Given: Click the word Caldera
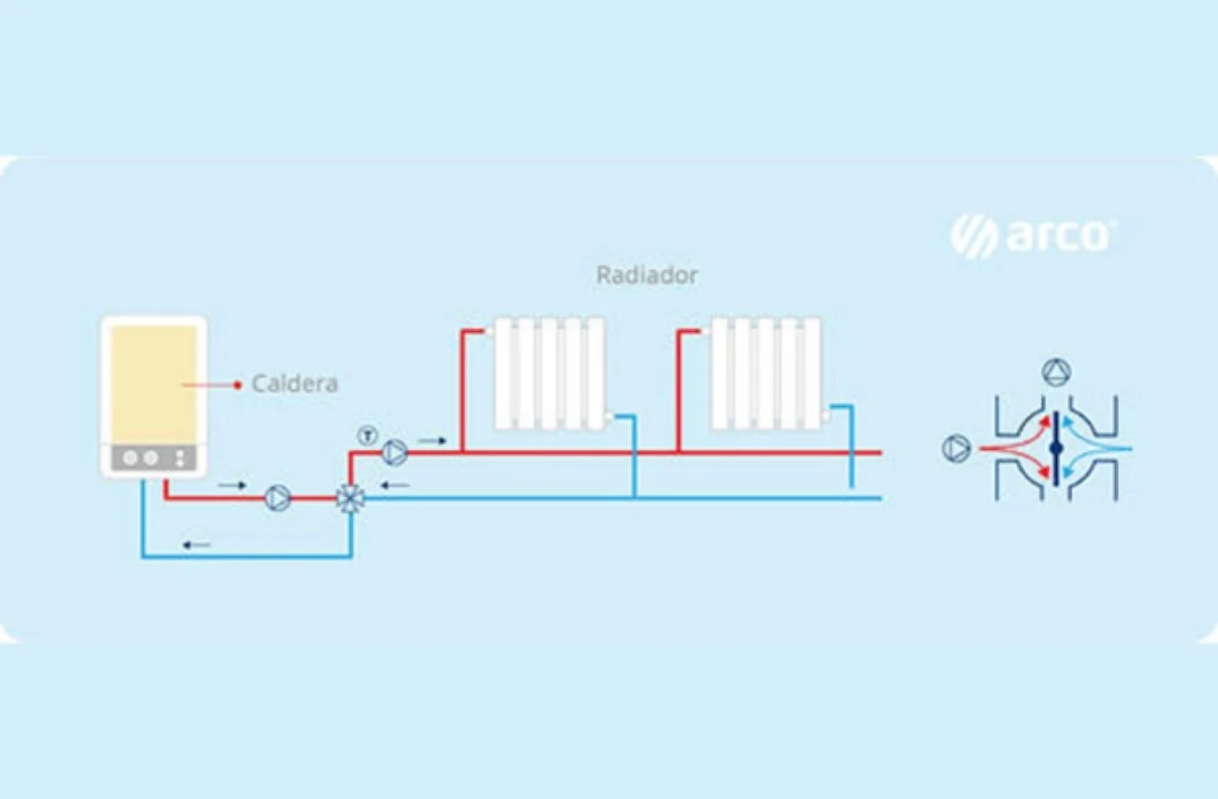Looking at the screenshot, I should pos(294,384).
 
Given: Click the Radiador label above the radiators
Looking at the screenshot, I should pos(647,276).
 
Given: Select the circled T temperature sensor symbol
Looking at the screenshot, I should pos(367,437).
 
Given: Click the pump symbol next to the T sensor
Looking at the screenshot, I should pos(395,453).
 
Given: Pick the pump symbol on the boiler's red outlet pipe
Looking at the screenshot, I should pos(278,498).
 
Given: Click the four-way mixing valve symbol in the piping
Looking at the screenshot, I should pos(350,498).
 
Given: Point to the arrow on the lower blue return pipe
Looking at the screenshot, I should pos(197,545).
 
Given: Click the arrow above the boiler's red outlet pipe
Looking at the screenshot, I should pos(231,486).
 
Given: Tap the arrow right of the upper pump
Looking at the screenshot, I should pos(431,440).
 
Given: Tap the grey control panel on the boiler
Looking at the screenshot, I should pos(153,458).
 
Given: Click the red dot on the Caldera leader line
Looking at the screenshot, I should pos(237,384).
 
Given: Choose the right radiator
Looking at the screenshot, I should pos(766,373).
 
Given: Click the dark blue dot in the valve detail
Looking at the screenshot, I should pos(1055,447).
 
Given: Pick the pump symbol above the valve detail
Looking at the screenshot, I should pos(1056,372).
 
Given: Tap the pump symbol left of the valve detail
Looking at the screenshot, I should pos(955,448).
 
